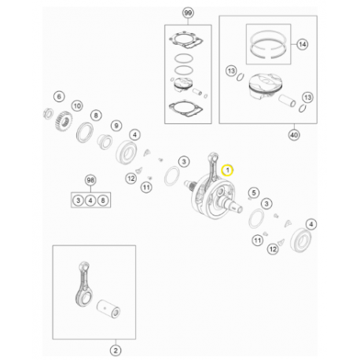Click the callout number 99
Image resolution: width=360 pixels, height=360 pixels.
point(187,14)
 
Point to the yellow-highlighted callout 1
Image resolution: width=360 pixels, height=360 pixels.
point(228,170)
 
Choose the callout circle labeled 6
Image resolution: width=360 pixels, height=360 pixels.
point(58,97)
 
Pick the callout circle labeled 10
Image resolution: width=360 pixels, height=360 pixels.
point(77,105)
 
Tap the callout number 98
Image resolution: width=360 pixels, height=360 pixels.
point(90,181)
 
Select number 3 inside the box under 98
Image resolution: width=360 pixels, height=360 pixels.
point(79,201)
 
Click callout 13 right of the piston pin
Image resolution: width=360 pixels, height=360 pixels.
point(307,96)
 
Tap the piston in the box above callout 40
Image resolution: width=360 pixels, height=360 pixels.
point(266,88)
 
